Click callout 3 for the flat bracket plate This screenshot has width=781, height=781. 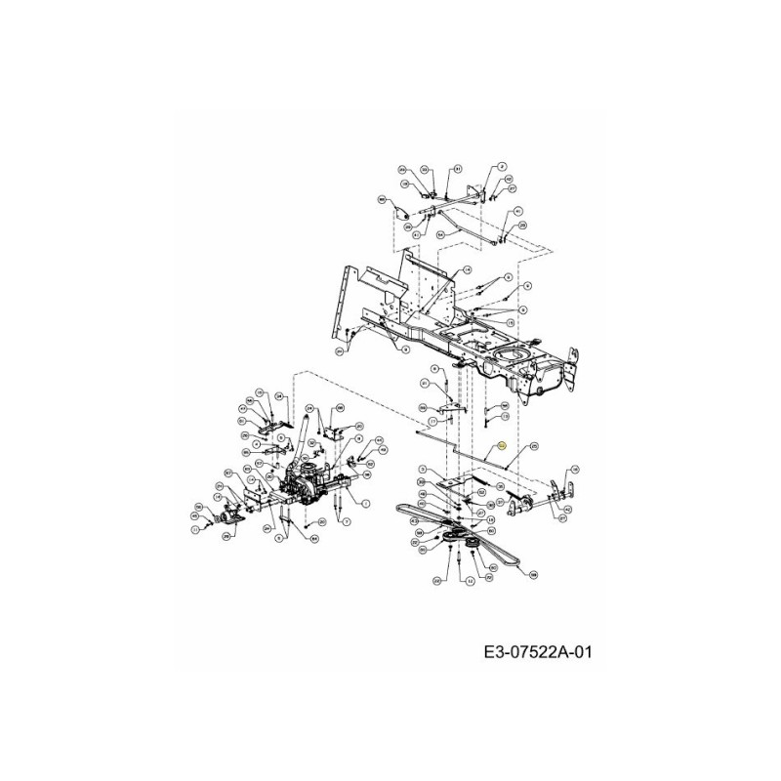click(x=421, y=471)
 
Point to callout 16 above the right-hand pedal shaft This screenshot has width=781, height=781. click(x=573, y=469)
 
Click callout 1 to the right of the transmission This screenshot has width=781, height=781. click(x=365, y=504)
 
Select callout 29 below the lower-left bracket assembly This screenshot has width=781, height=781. click(x=226, y=536)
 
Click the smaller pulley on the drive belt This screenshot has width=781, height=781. click(x=478, y=542)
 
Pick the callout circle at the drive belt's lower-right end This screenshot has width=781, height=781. click(x=534, y=576)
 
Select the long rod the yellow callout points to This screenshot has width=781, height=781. click(x=469, y=451)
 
